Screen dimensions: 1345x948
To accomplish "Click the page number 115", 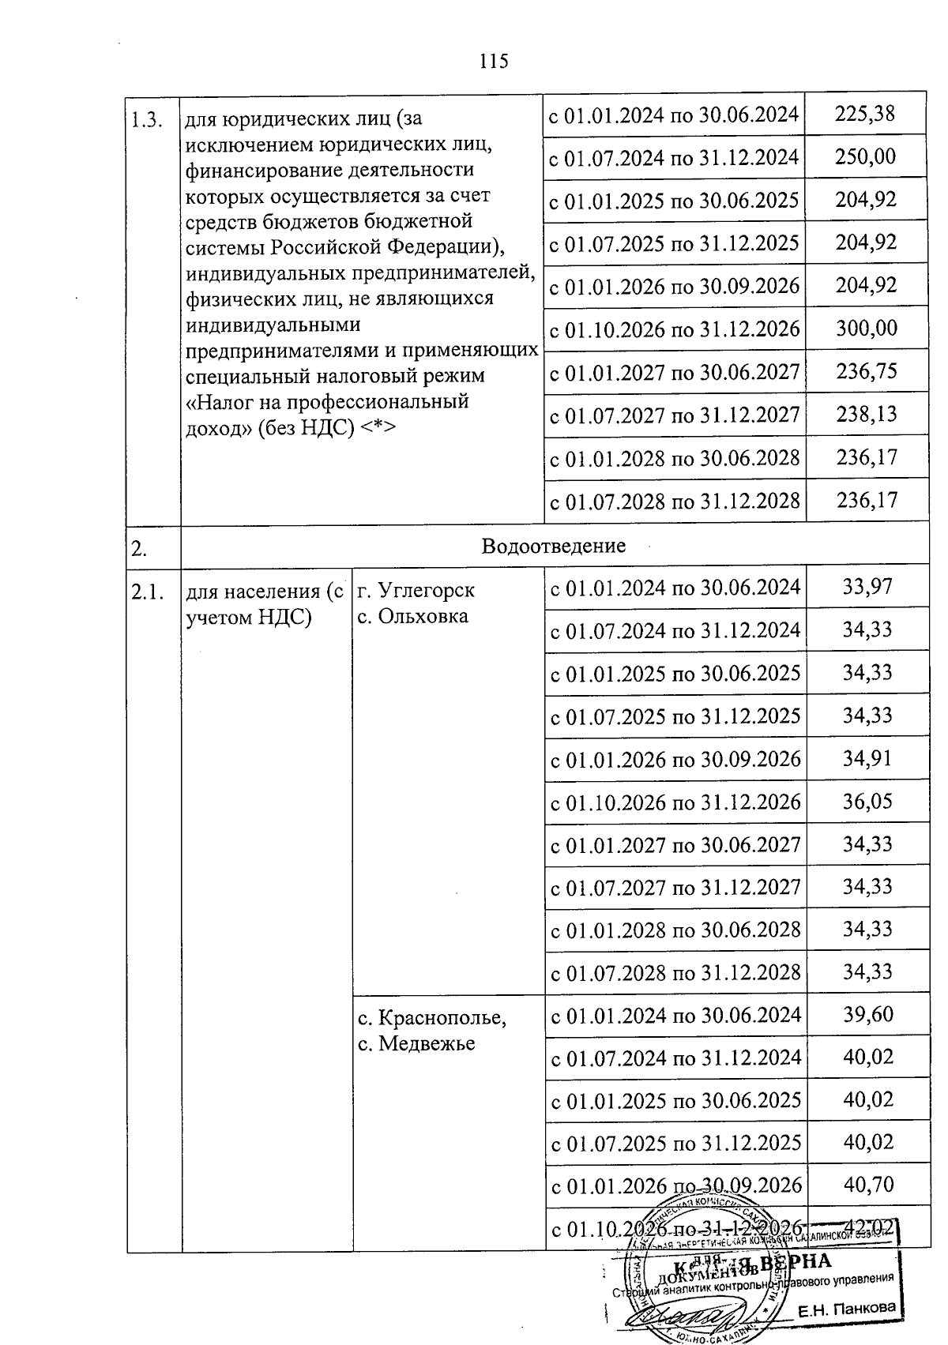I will (494, 61).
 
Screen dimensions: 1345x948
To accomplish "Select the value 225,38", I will (866, 114).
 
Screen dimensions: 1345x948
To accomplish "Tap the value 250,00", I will (866, 156).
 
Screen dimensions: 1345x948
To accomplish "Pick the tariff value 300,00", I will (867, 328).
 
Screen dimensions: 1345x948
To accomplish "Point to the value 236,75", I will (867, 370).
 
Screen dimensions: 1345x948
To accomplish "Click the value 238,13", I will (867, 414).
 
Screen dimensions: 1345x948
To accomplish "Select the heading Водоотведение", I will (553, 546).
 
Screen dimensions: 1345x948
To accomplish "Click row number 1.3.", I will (147, 120).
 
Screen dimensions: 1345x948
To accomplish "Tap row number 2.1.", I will (147, 592).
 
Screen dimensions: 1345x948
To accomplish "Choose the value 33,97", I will (867, 587).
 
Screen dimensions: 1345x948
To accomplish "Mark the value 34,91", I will (867, 758).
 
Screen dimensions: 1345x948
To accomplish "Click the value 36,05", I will (867, 801).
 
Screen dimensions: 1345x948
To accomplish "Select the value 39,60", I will (867, 1015).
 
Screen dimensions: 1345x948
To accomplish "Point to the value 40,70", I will (867, 1185).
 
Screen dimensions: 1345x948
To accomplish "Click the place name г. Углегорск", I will (416, 591).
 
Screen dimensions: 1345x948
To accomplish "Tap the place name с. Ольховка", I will (412, 616).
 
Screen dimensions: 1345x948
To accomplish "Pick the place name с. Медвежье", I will (416, 1043).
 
